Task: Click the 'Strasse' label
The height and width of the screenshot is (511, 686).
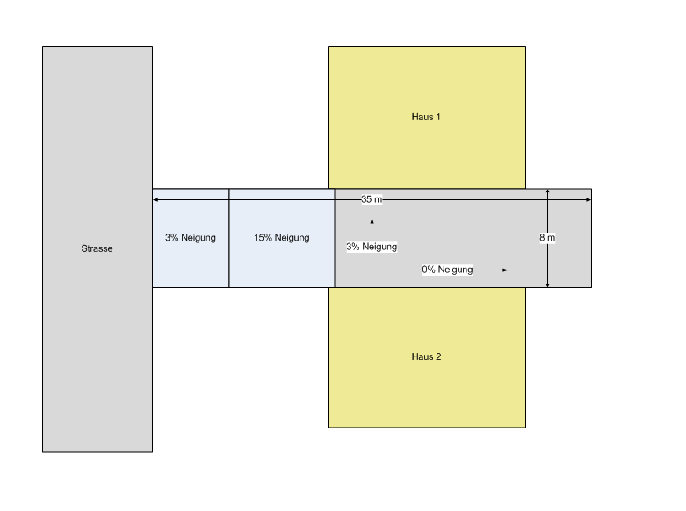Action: click(x=97, y=248)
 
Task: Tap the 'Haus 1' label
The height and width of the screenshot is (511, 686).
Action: click(x=426, y=117)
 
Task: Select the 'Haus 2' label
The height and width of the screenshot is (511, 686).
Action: click(x=426, y=356)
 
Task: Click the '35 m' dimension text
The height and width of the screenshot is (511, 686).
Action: click(x=372, y=200)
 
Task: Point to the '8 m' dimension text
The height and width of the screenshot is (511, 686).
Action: click(x=547, y=238)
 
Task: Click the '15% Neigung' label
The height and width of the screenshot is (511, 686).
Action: click(x=282, y=238)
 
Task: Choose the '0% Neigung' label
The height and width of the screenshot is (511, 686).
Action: click(x=447, y=270)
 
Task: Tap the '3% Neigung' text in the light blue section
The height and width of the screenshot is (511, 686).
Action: click(x=191, y=238)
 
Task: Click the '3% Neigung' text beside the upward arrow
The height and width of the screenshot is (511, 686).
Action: click(x=372, y=247)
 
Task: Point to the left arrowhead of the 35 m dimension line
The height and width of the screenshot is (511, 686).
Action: click(x=156, y=200)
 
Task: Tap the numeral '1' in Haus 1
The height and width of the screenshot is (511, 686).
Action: click(x=438, y=117)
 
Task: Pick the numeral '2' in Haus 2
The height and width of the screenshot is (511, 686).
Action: click(x=438, y=356)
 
